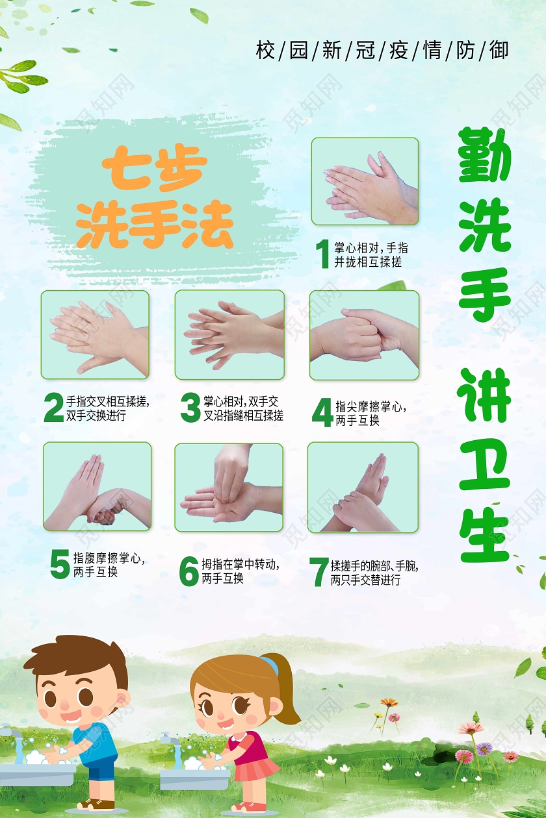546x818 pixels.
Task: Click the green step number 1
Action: (322, 254)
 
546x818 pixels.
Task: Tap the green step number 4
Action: (322, 413)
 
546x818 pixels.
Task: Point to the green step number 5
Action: (60, 564)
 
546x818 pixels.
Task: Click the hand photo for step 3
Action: (229, 334)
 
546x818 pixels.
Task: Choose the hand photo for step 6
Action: (229, 488)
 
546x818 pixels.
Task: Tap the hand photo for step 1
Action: (365, 181)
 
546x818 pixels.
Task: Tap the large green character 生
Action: (485, 536)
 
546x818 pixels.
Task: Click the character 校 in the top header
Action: (265, 50)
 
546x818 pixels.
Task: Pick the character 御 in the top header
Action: (499, 50)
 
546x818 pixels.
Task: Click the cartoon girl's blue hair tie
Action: (269, 665)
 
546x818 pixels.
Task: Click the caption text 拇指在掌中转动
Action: (240, 565)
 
